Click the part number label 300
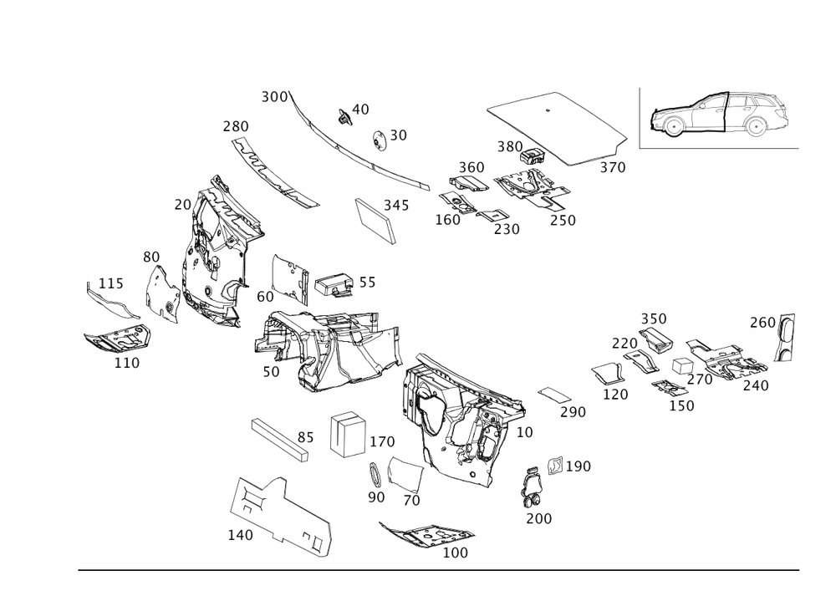coord(274,97)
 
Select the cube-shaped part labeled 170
coord(348,433)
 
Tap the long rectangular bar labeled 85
coord(280,440)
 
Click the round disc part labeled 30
coord(379,140)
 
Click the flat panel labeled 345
coord(375,222)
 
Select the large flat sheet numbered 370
coord(556,128)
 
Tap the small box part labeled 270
coord(682,367)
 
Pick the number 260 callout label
coord(762,323)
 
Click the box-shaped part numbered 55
coord(334,285)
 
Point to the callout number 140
coord(241,534)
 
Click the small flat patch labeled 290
coord(554,395)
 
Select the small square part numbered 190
coord(555,465)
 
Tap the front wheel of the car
coord(673,125)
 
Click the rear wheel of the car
coord(755,127)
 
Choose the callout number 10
coord(525,432)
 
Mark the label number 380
coord(510,146)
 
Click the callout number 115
coord(111,283)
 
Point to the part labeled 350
coord(655,339)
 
